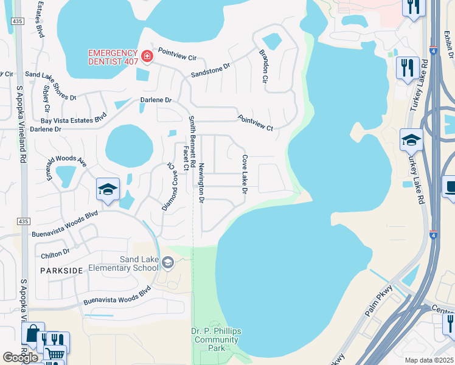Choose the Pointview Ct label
click(255, 122)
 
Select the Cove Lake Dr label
click(245, 175)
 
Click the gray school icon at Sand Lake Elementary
click(168, 263)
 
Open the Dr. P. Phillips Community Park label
click(216, 339)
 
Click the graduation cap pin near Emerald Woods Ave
click(107, 189)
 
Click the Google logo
click(20, 358)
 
